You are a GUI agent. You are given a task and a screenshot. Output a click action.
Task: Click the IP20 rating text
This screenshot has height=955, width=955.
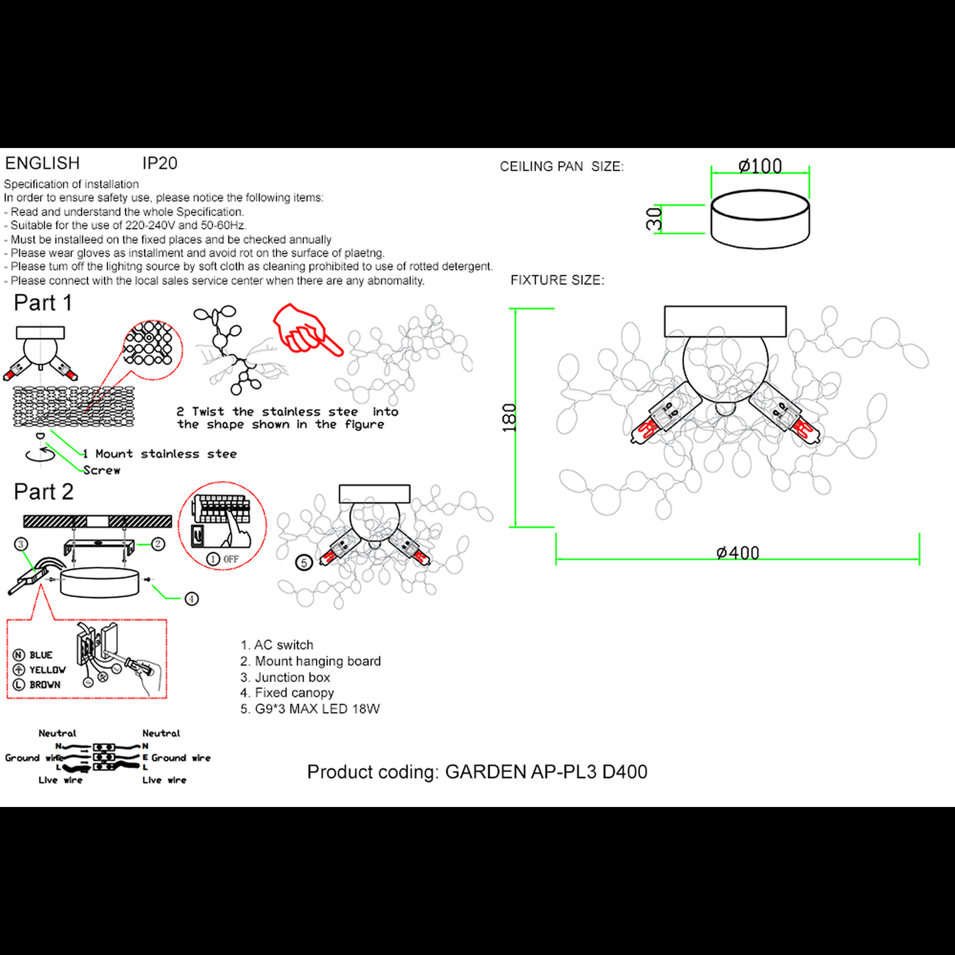pos(159,164)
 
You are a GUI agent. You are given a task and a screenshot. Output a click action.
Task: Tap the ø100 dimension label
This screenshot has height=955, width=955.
pos(760,166)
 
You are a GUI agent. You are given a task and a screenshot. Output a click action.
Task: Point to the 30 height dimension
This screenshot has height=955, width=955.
pos(654,219)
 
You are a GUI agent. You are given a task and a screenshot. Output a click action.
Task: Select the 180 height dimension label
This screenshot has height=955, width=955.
pos(509,418)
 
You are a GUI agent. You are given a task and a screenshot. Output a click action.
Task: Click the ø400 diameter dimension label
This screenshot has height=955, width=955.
pos(738,552)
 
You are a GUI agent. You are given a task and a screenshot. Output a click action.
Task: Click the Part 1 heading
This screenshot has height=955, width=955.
pos(43,303)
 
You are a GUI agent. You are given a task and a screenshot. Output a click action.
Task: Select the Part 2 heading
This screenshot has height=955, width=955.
pos(43,491)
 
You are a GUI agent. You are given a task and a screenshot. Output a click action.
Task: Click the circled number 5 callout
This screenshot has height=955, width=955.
pos(304,562)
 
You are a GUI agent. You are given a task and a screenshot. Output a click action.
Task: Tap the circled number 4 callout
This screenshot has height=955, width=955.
pos(191,599)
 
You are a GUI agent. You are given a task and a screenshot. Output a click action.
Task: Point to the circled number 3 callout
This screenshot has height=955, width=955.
pos(20,544)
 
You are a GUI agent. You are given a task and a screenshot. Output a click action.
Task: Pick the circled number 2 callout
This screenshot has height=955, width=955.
pos(158,544)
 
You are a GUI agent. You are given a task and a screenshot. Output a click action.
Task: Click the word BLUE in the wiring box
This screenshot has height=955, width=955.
pos(41,655)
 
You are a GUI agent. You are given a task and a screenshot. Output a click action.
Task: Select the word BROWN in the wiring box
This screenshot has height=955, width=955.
pos(45,685)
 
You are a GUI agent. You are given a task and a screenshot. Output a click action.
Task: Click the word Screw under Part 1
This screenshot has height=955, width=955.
pos(102,470)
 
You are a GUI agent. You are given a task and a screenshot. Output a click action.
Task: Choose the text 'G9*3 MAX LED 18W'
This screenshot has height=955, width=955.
pos(317,709)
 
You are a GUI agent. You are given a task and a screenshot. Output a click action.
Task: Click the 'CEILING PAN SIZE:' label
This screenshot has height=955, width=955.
pos(562,167)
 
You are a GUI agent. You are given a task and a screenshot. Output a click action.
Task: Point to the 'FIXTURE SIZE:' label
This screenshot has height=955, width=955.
pos(557,280)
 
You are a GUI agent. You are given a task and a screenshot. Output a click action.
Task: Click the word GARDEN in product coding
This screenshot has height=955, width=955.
pos(486,772)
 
